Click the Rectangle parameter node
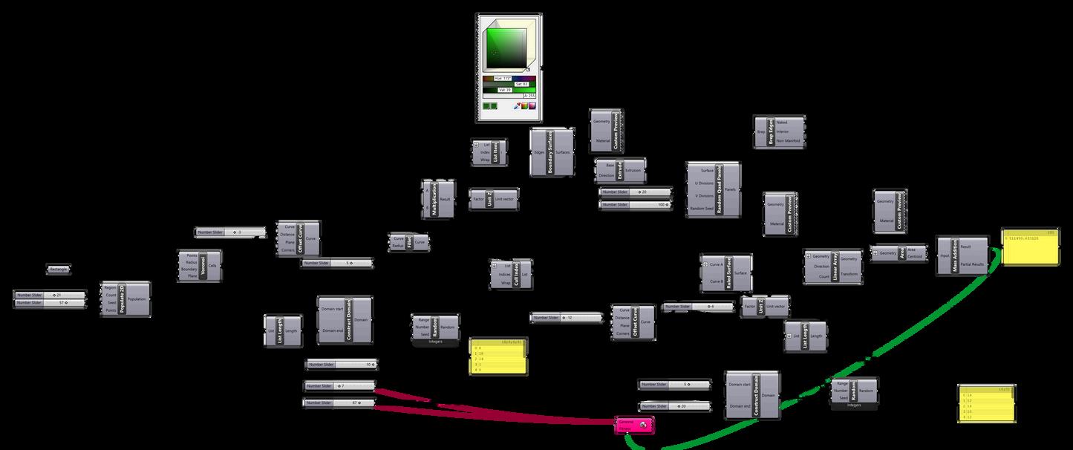coord(59,269)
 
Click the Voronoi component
coord(203,265)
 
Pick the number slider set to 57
coord(50,303)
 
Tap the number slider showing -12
coord(566,318)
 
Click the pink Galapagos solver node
coord(634,425)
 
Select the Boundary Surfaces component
coord(550,152)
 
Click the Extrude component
coord(620,170)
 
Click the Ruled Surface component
coord(725,273)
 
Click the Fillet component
coord(409,242)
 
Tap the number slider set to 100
coord(635,204)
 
